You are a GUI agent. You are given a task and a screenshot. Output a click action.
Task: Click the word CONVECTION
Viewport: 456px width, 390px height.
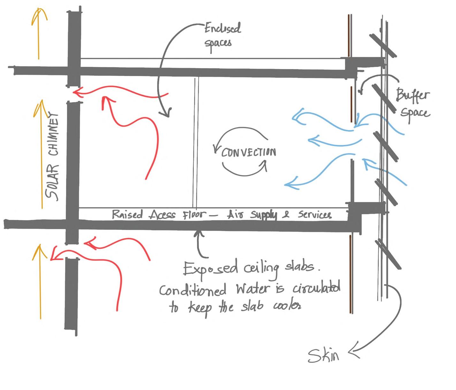[x=248, y=153]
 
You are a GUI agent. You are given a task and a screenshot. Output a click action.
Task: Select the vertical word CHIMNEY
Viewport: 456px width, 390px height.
[x=53, y=133]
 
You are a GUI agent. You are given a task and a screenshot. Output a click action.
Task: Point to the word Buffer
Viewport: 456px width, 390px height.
[x=413, y=95]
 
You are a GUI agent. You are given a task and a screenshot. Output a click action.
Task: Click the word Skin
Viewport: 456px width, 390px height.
[x=323, y=355]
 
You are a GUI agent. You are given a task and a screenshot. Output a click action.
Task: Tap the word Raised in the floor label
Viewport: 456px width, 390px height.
[x=127, y=214]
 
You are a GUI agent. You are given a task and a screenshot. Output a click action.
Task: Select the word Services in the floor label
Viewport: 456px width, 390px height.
[x=315, y=215]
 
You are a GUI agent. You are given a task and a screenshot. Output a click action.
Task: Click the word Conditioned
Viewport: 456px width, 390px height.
[x=193, y=290]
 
